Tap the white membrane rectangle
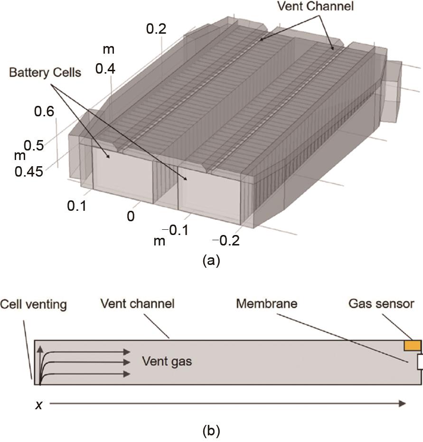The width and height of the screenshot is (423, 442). [x=420, y=362]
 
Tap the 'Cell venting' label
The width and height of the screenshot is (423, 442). [x=33, y=304]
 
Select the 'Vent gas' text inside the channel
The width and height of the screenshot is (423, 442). [x=167, y=361]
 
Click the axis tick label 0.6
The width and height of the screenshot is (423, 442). [x=44, y=113]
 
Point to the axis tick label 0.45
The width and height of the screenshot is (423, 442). [x=28, y=171]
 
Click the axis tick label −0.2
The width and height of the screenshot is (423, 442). [x=226, y=240]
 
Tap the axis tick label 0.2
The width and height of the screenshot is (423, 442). [x=156, y=29]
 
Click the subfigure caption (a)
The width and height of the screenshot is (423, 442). [x=211, y=260]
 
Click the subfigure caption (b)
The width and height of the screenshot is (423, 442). [x=211, y=431]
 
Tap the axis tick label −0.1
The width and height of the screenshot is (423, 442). [x=179, y=230]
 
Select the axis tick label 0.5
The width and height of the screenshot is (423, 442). [x=34, y=146]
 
